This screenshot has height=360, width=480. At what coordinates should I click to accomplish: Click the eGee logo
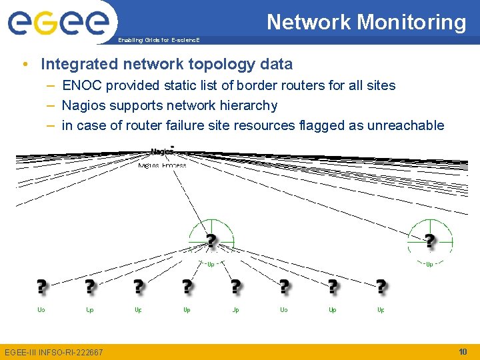point(58,23)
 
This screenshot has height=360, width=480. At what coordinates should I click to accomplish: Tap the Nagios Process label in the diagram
point(162,165)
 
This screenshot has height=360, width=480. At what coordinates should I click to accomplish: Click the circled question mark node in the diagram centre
point(211,240)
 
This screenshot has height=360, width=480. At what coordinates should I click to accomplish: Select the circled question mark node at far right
point(430,240)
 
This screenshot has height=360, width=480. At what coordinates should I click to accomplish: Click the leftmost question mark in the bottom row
point(41,287)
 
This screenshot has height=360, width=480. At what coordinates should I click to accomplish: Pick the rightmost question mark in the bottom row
point(381,287)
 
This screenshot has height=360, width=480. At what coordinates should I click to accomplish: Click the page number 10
point(463,351)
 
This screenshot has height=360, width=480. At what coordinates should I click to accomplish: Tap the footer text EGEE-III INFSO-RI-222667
point(54,352)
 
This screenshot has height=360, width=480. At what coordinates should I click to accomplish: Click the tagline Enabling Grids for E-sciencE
point(158,41)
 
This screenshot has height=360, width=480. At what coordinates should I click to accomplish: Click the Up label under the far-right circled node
point(429,264)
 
